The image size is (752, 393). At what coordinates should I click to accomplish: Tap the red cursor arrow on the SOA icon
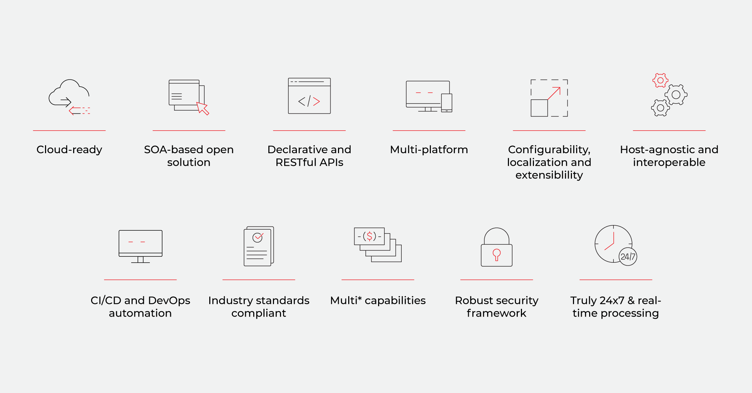203,108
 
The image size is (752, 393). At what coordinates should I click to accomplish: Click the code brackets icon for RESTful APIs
309,101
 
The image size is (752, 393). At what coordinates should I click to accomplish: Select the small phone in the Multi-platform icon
446,103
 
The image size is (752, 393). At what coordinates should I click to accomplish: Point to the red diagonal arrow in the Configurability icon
554,93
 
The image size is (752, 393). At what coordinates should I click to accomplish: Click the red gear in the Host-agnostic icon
660,80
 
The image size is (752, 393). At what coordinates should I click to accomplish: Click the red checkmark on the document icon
259,236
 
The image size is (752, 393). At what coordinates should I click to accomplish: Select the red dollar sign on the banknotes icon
369,236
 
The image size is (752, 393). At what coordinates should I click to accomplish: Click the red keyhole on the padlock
497,254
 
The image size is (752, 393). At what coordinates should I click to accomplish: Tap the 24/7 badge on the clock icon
628,257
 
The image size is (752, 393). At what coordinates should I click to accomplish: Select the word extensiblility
549,175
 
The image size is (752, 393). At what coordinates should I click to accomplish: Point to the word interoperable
669,162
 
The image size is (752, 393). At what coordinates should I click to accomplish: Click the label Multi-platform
429,150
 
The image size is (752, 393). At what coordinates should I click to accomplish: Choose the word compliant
259,313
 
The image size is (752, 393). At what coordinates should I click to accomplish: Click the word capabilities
395,300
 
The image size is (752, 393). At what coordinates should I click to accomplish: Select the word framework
496,313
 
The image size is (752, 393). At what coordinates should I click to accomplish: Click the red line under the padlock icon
496,280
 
